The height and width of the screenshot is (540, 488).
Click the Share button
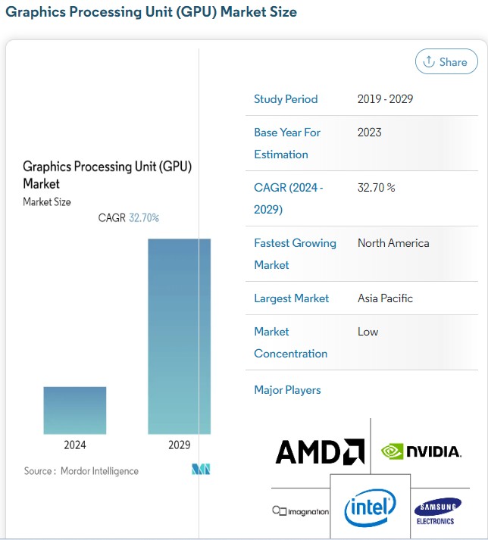pos(446,62)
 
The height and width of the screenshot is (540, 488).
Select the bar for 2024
pos(74,410)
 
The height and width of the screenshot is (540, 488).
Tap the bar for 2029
pos(179,336)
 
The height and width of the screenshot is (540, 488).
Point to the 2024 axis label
pos(74,445)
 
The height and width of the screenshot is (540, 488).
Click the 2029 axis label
pos(179,445)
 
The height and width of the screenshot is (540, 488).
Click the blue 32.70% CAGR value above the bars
pos(144,218)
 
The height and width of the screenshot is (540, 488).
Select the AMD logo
pos(320,452)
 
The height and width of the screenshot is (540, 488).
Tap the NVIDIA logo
pos(421,452)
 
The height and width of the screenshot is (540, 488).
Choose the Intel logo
pos(370,507)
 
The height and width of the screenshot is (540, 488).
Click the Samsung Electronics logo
pos(437,511)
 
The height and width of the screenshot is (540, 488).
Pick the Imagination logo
pos(301,512)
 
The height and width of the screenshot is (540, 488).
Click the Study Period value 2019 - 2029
pos(385,99)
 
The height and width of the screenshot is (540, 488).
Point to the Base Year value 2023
pos(370,133)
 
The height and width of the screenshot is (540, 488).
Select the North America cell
pos(393,243)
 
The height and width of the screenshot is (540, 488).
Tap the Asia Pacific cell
pos(385,298)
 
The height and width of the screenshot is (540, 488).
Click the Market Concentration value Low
pos(368,332)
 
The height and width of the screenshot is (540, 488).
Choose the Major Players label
pos(287,390)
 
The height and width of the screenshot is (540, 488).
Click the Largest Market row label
pos(291,298)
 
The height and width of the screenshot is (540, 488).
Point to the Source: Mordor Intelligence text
pos(81,471)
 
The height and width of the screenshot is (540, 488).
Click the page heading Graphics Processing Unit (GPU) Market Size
pos(152,12)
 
